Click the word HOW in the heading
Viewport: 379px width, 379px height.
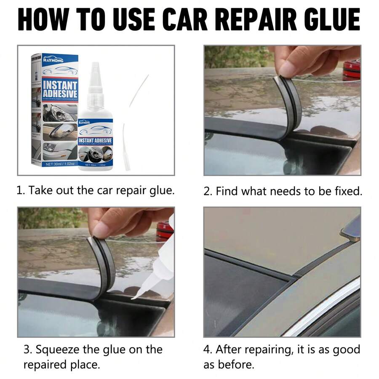pyautogui.click(x=44, y=19)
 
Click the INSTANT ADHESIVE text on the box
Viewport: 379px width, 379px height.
pyautogui.click(x=61, y=89)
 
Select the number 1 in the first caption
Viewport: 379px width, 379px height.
pyautogui.click(x=19, y=190)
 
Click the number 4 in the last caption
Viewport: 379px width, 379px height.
pyautogui.click(x=207, y=349)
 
